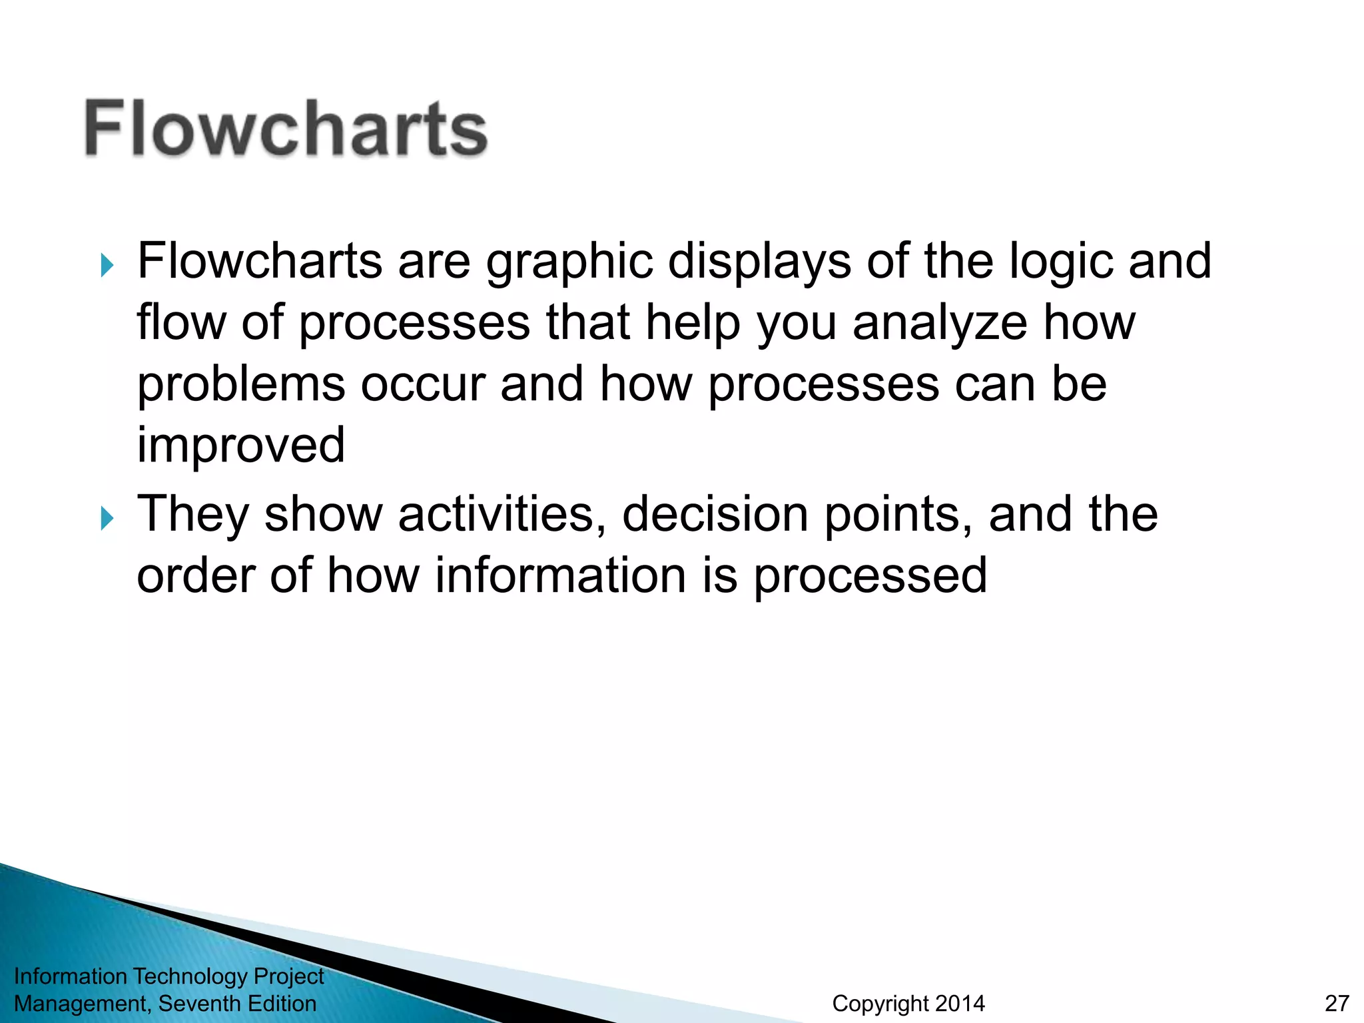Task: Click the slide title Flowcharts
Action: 286,128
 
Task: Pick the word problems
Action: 241,386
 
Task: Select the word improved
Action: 241,446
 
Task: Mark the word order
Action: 195,576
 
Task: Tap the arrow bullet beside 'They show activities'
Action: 107,517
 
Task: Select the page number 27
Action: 1337,1003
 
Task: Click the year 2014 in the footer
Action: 959,1003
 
